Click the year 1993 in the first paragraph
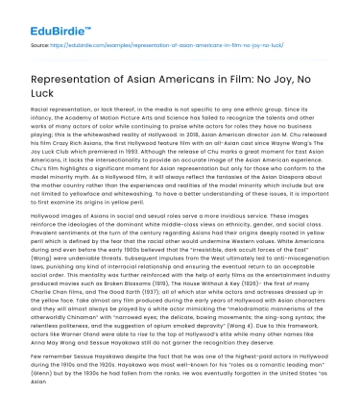pyautogui.click(x=145, y=151)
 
